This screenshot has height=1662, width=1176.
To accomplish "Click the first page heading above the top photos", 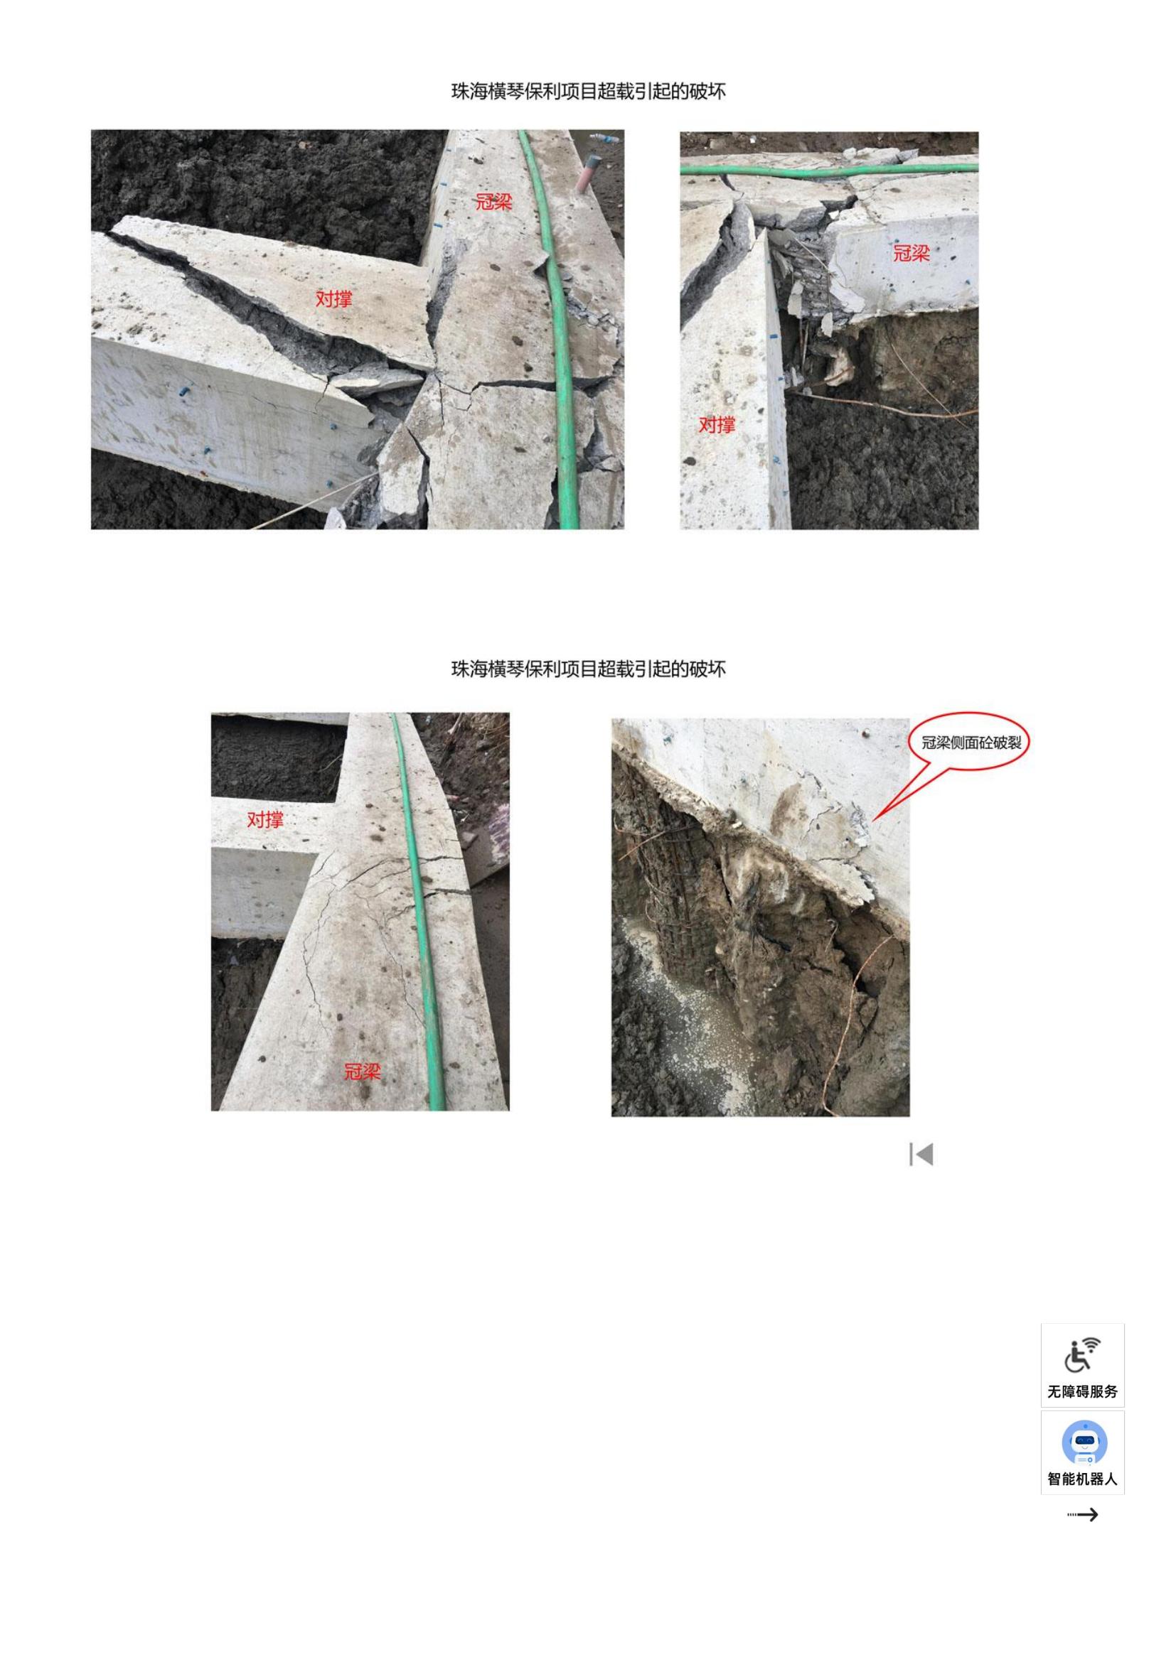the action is [588, 91].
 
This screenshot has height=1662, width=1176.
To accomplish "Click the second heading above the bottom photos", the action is [588, 669].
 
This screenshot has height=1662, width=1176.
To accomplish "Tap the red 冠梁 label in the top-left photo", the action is [494, 202].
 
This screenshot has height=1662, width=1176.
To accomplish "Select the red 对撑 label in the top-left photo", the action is [334, 298].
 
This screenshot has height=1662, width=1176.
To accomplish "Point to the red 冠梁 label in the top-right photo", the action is [911, 254].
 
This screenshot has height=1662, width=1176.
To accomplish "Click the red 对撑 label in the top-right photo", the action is [717, 425].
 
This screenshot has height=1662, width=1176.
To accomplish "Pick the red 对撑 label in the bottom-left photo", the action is [265, 819].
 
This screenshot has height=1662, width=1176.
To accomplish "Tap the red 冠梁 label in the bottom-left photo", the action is [362, 1072].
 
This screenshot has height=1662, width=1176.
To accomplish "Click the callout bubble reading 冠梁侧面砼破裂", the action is [969, 743].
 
